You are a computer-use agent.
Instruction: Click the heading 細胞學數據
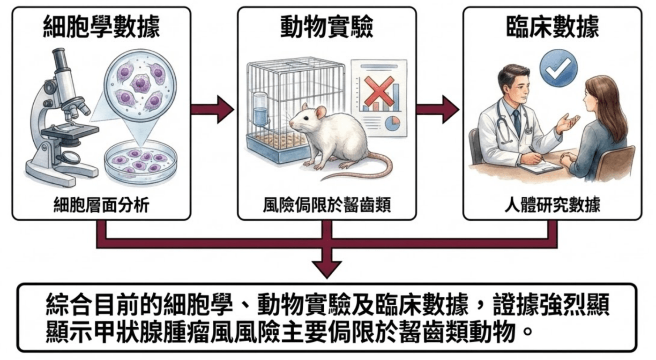click(101, 28)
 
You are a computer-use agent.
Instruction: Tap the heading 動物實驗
click(327, 28)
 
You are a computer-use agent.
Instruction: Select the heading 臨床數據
click(552, 28)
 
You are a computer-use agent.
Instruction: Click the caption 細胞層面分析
click(101, 205)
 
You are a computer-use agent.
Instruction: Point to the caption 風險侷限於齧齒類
click(327, 205)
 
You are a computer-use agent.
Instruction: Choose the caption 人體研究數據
click(552, 205)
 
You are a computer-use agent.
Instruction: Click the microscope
click(61, 117)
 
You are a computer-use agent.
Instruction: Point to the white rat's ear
click(321, 112)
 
